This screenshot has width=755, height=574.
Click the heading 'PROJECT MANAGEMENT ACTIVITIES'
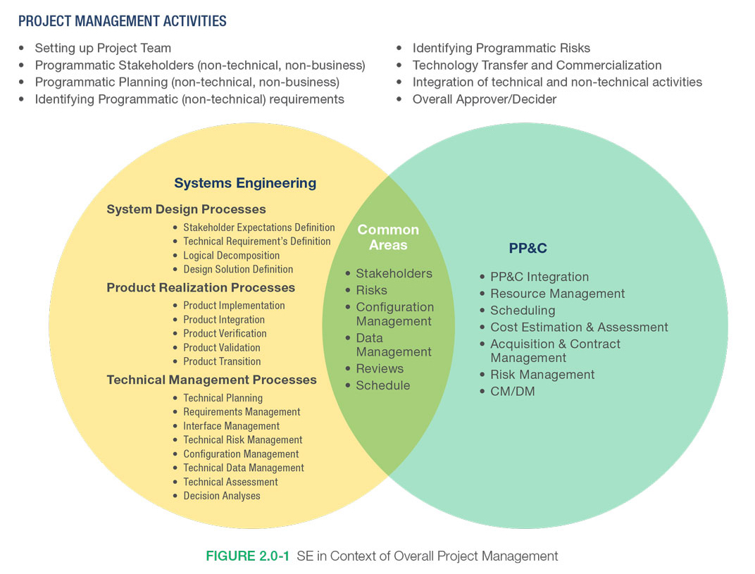(x=123, y=21)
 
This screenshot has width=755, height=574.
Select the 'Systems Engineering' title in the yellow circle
(x=245, y=183)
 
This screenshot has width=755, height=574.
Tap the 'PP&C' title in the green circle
(x=528, y=248)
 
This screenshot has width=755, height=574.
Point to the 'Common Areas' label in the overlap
(x=388, y=237)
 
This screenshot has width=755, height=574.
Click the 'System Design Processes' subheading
(x=186, y=209)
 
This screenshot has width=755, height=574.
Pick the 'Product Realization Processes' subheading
(x=201, y=287)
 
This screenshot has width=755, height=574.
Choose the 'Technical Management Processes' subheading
(x=211, y=380)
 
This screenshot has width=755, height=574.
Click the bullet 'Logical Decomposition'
(x=231, y=256)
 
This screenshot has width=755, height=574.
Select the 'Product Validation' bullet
(x=221, y=347)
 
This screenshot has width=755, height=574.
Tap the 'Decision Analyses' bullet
(x=221, y=496)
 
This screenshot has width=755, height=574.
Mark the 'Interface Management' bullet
(x=231, y=426)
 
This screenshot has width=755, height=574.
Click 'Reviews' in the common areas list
(x=380, y=368)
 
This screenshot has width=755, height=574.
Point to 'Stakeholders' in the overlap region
(x=394, y=273)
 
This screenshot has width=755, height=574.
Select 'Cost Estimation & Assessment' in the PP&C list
(x=579, y=327)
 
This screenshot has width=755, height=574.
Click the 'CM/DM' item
(x=512, y=391)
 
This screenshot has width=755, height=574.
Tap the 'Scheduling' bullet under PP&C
(x=523, y=310)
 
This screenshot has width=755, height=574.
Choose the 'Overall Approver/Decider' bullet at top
(x=485, y=99)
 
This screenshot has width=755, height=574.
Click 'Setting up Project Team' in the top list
(x=103, y=49)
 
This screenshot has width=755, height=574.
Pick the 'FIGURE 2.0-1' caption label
(x=247, y=556)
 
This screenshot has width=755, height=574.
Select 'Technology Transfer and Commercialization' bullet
(x=537, y=65)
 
